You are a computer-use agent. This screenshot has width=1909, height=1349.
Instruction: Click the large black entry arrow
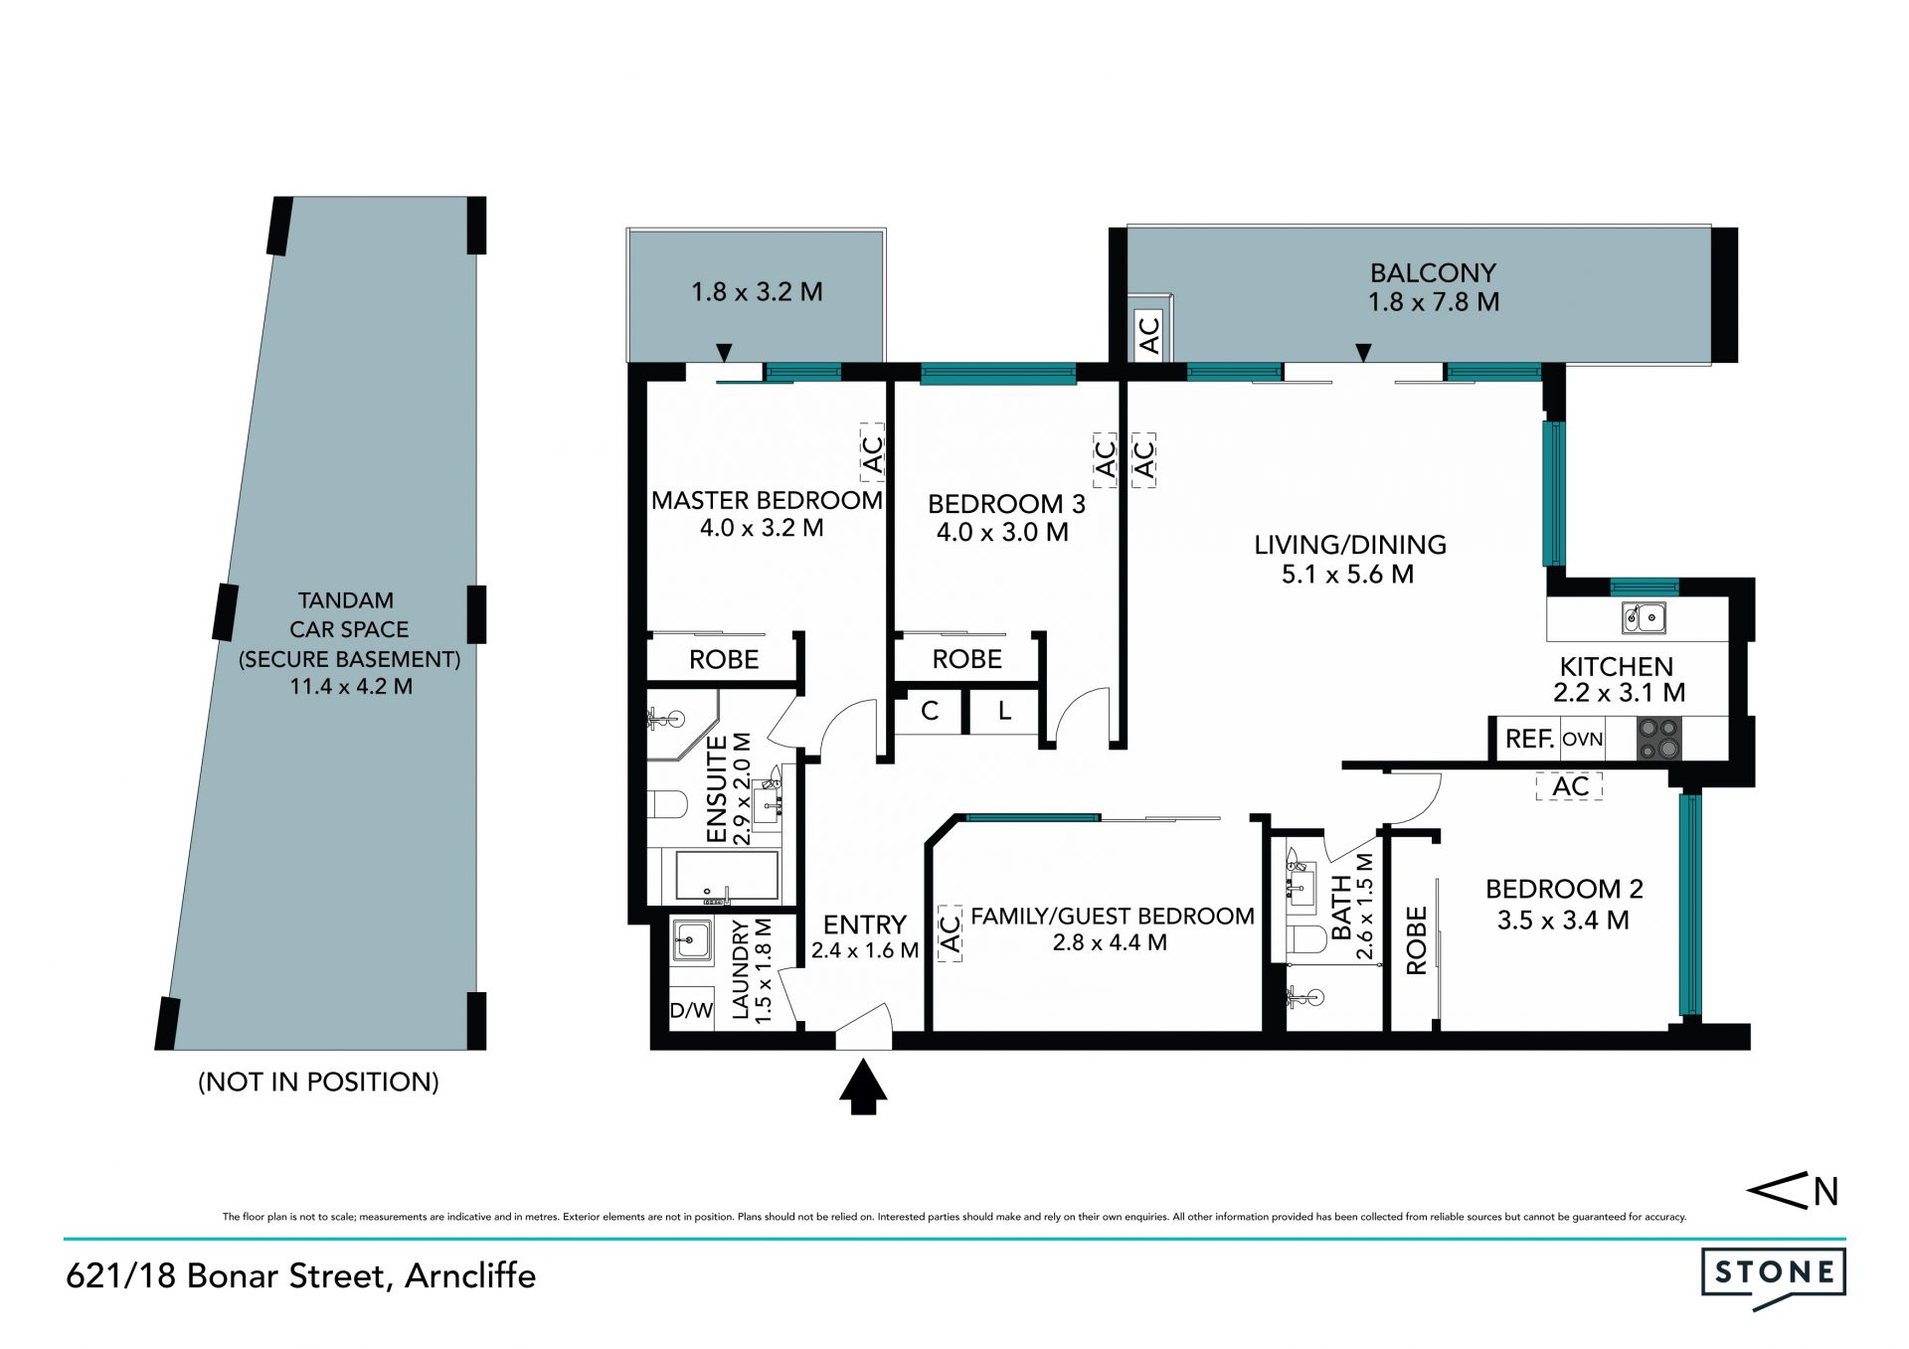point(862,1087)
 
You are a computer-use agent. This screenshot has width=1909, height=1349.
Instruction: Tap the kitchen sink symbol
point(1645,617)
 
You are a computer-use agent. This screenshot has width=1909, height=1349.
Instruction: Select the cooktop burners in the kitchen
point(1658,739)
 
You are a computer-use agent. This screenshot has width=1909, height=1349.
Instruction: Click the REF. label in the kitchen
point(1529,739)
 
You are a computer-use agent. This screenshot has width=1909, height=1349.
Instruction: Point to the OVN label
point(1582,740)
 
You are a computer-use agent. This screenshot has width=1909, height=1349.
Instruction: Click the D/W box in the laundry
point(691,1011)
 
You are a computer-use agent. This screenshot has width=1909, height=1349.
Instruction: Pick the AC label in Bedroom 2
point(1570,786)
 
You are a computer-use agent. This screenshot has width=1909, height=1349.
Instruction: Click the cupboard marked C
point(930,711)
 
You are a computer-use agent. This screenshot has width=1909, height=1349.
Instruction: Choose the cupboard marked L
point(1004,711)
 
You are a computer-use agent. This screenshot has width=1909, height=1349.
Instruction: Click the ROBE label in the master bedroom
point(724,659)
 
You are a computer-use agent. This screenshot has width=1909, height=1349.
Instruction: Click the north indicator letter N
point(1825,1191)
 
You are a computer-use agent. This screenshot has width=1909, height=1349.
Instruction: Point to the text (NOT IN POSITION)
point(318,1082)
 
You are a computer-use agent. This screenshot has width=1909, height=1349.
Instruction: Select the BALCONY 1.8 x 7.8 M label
point(1434,287)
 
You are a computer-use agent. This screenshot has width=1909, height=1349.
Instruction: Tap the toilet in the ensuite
point(666,803)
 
